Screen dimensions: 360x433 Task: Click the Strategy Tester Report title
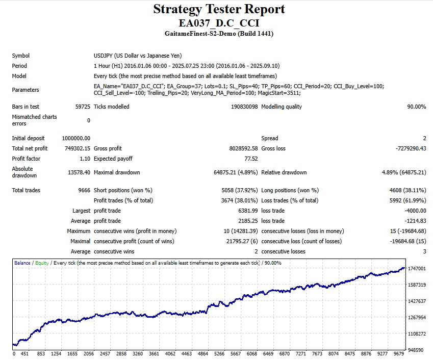coord(219,9)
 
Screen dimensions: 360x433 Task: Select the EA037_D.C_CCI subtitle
coord(219,23)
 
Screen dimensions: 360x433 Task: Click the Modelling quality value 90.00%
coord(415,107)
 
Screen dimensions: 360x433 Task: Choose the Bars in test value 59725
coord(82,107)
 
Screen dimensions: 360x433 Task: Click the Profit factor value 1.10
coord(85,159)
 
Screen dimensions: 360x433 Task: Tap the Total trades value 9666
coord(84,190)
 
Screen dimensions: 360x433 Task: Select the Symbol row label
coord(21,56)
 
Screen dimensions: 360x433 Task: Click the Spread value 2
coord(424,138)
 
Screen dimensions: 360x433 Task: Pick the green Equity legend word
coord(42,263)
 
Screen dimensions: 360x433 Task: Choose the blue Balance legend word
coord(22,263)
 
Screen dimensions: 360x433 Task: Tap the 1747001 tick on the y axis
coord(417,269)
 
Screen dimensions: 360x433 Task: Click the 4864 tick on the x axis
coord(203,353)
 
